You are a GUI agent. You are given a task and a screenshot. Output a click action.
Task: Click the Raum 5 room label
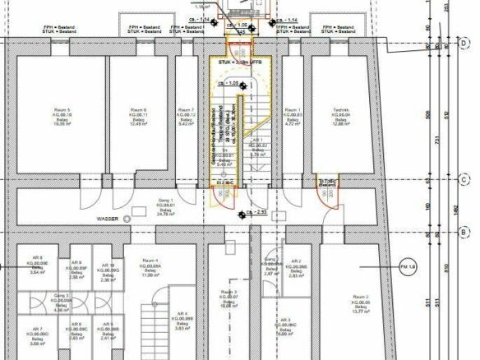coord(62,110)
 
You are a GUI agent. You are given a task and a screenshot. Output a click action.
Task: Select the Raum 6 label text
coord(139,110)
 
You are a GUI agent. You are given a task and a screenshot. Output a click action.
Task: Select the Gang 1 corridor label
coord(165,201)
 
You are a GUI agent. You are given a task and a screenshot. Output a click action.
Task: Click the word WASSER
coord(109,219)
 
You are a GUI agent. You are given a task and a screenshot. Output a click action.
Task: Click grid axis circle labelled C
coord(464,179)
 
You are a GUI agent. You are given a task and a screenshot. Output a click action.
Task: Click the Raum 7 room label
coord(187,110)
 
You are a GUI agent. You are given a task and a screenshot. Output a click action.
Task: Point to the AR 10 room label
coord(106,265)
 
